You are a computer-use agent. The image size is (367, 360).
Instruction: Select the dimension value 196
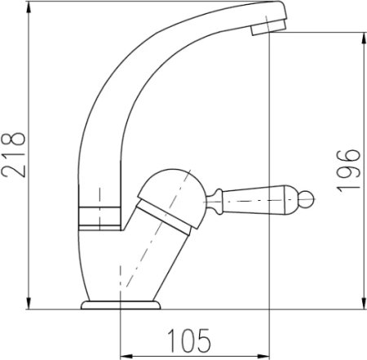[349, 170]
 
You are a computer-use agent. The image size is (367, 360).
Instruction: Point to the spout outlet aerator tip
[260, 27]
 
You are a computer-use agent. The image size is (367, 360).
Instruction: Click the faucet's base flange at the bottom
[120, 305]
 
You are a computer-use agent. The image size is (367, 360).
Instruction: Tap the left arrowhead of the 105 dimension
[124, 354]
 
